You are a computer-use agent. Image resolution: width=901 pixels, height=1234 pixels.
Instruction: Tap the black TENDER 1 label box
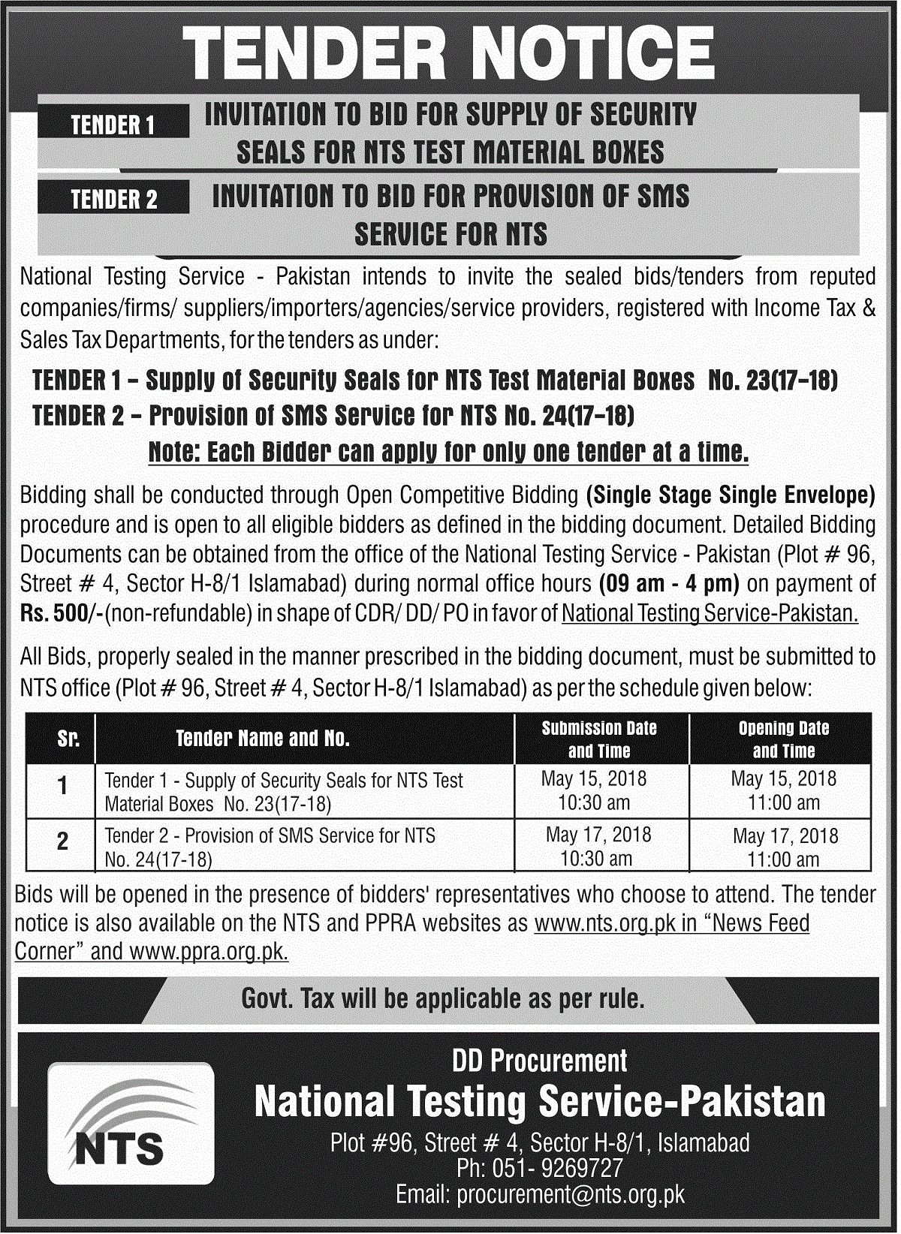113,124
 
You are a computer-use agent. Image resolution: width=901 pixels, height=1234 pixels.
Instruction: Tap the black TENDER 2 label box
113,199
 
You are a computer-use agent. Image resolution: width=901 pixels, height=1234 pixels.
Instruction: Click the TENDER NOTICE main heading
448,55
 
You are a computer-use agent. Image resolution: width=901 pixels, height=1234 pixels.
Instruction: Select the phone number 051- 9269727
539,1168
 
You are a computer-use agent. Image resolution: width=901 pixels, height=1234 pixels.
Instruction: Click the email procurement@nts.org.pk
539,1193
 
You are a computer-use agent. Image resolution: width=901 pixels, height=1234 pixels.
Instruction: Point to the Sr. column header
68,739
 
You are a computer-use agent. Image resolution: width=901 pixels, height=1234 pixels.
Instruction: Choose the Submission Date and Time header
599,739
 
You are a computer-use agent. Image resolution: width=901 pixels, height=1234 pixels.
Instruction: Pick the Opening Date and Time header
783,739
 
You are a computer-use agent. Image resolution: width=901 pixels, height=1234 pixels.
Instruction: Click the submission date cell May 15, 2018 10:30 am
594,790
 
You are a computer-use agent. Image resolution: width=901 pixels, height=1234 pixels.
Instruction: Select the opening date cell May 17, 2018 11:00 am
785,847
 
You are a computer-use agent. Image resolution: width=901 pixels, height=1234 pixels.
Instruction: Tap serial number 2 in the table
63,841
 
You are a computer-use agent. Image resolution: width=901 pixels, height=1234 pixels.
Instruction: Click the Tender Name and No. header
263,739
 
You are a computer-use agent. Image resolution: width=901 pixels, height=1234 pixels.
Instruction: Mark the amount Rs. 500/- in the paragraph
62,614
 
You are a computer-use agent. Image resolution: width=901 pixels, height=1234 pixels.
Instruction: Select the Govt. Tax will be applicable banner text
443,999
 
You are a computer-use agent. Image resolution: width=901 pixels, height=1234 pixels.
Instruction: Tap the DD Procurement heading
539,1061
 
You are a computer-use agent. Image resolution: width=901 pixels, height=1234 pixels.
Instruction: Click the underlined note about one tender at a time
448,452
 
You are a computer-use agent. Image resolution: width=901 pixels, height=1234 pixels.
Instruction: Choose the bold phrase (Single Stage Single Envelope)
731,495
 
